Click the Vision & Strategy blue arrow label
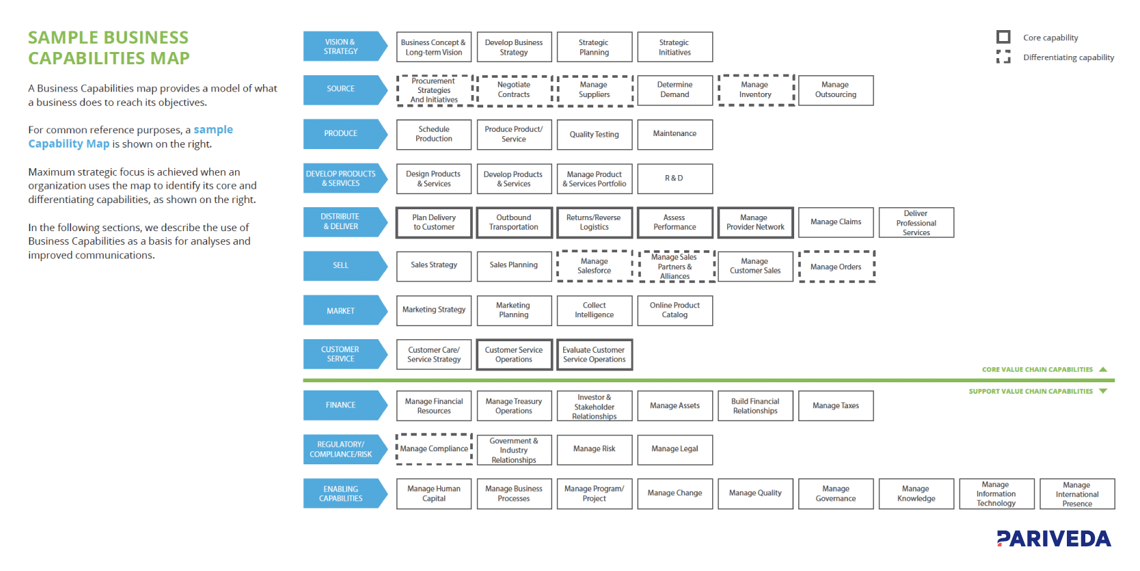(342, 47)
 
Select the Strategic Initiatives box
(675, 47)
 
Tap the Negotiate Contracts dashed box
(514, 90)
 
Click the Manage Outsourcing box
(835, 90)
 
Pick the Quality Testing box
(594, 135)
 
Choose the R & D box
(675, 178)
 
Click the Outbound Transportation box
(514, 223)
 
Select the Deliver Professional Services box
(916, 223)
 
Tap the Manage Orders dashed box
(836, 267)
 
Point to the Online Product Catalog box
(675, 310)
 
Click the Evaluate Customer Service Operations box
(594, 355)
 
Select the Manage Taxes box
(835, 406)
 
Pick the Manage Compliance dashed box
(434, 449)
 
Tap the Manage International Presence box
(1076, 494)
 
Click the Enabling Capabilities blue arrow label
(342, 494)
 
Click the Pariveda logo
(1053, 539)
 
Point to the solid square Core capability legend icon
(1003, 37)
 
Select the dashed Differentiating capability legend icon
(1003, 57)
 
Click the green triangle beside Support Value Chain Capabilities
(1103, 391)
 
